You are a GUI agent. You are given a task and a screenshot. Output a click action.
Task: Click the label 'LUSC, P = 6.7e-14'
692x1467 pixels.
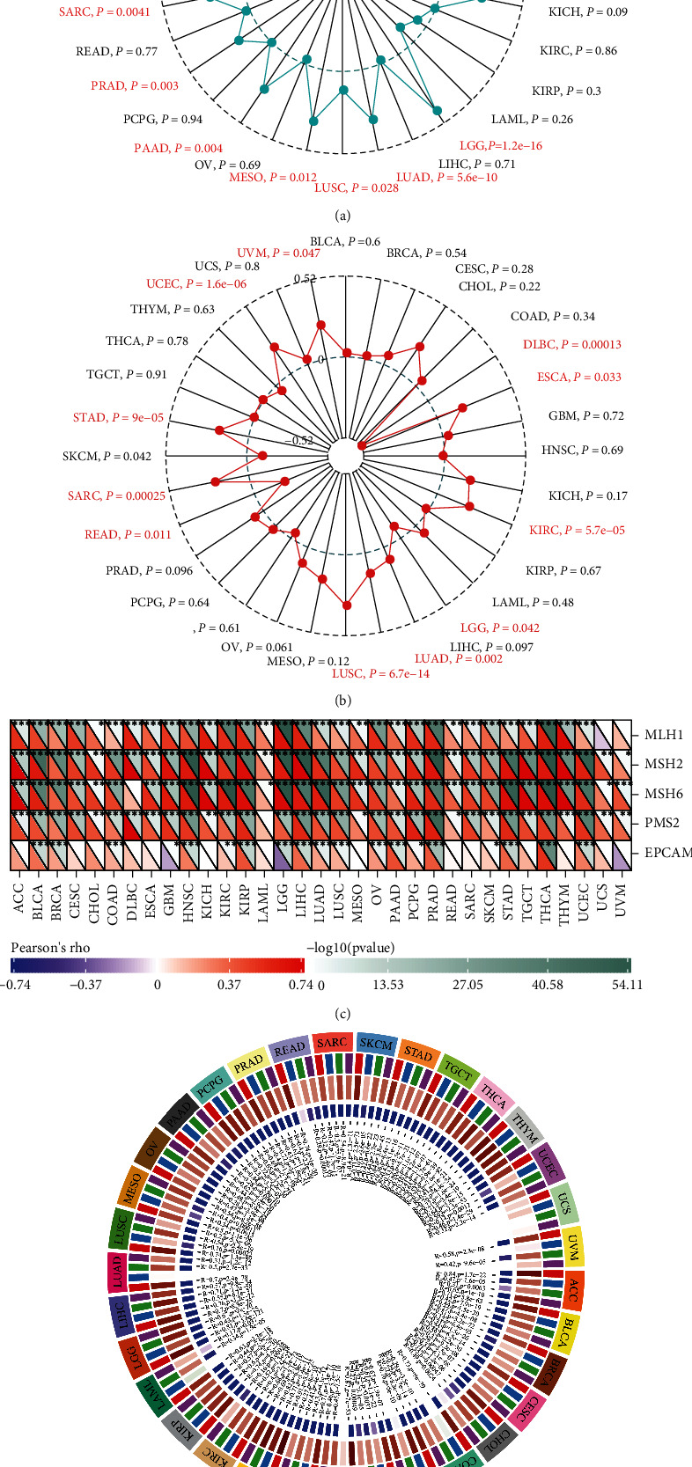point(380,674)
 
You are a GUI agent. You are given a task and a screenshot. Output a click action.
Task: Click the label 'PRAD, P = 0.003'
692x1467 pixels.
point(135,86)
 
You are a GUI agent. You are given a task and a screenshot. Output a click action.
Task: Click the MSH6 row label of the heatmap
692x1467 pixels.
point(664,794)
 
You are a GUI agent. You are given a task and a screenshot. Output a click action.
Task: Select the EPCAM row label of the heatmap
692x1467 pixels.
point(667,853)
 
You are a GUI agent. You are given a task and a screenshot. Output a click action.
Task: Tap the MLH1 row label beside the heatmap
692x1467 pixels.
point(664,735)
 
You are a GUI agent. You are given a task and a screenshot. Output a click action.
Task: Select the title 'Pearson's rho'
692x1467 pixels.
point(51,948)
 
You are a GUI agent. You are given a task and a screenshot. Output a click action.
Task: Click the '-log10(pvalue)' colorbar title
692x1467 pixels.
point(350,948)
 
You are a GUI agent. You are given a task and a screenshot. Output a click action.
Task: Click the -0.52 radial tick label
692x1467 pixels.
point(301,441)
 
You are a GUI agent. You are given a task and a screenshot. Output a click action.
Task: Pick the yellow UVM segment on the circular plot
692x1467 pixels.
point(572,1246)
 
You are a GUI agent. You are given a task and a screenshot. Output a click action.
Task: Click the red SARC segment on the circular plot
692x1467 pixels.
point(332,1043)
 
